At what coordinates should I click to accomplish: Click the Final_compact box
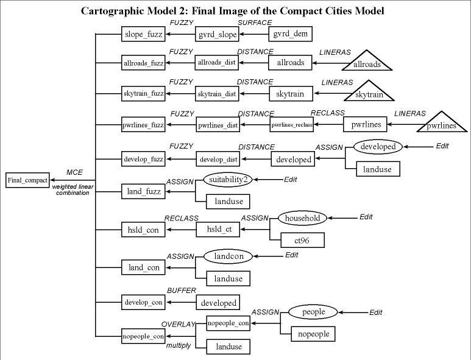click(x=27, y=180)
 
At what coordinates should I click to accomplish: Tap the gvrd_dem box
click(x=290, y=34)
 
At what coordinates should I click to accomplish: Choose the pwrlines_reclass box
click(x=292, y=125)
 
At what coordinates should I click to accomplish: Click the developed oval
click(x=378, y=146)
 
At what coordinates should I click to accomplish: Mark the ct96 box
click(x=302, y=239)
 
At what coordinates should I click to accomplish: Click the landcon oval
click(x=228, y=256)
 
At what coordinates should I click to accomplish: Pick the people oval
click(x=313, y=312)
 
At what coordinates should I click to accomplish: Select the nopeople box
click(x=314, y=334)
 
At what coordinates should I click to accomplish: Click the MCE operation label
click(x=74, y=172)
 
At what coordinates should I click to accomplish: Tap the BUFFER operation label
click(x=181, y=291)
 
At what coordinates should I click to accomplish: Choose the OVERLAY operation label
click(x=177, y=323)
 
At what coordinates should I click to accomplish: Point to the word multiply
click(x=179, y=345)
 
